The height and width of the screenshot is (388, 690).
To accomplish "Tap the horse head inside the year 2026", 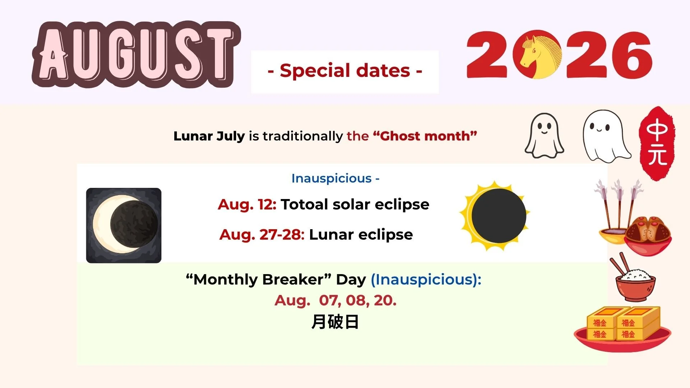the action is [537, 54].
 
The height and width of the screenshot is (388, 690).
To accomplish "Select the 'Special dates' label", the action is [345, 71].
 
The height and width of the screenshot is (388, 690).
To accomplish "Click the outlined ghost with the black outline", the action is [544, 135].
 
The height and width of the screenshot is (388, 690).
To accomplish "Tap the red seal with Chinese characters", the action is [657, 143].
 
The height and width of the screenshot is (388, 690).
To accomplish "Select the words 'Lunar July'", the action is [209, 137].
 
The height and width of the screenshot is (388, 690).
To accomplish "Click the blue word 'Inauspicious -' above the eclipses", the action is [335, 178].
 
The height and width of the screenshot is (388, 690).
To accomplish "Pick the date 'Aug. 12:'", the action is [247, 205].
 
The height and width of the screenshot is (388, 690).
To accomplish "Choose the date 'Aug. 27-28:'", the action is [262, 235].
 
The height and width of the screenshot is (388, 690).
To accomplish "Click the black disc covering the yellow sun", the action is [498, 216].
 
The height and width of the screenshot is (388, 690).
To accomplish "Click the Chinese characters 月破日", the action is [335, 322].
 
